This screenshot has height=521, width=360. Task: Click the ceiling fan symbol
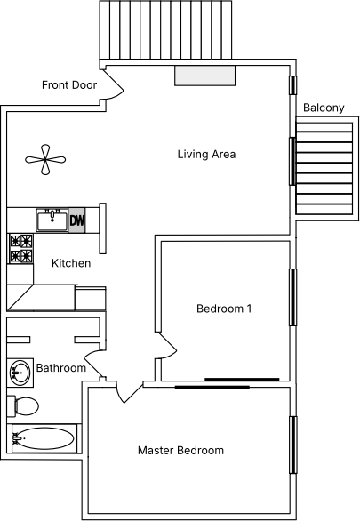45,159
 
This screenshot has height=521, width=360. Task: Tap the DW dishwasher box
77,220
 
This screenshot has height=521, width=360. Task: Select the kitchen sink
52,220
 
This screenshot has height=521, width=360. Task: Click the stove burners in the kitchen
21,249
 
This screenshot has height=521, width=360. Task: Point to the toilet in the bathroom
23,406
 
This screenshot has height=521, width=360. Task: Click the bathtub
44,438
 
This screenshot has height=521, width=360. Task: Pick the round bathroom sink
20,373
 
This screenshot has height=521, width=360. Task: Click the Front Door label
69,85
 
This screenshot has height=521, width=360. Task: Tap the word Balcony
324,108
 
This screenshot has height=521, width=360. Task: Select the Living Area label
206,154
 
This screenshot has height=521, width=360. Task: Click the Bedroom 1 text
224,309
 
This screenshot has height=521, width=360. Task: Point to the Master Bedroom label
180,451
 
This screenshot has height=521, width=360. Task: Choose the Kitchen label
71,263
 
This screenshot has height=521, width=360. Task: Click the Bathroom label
61,368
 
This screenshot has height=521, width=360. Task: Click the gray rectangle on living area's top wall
205,76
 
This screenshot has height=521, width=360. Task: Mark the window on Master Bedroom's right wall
293,445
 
